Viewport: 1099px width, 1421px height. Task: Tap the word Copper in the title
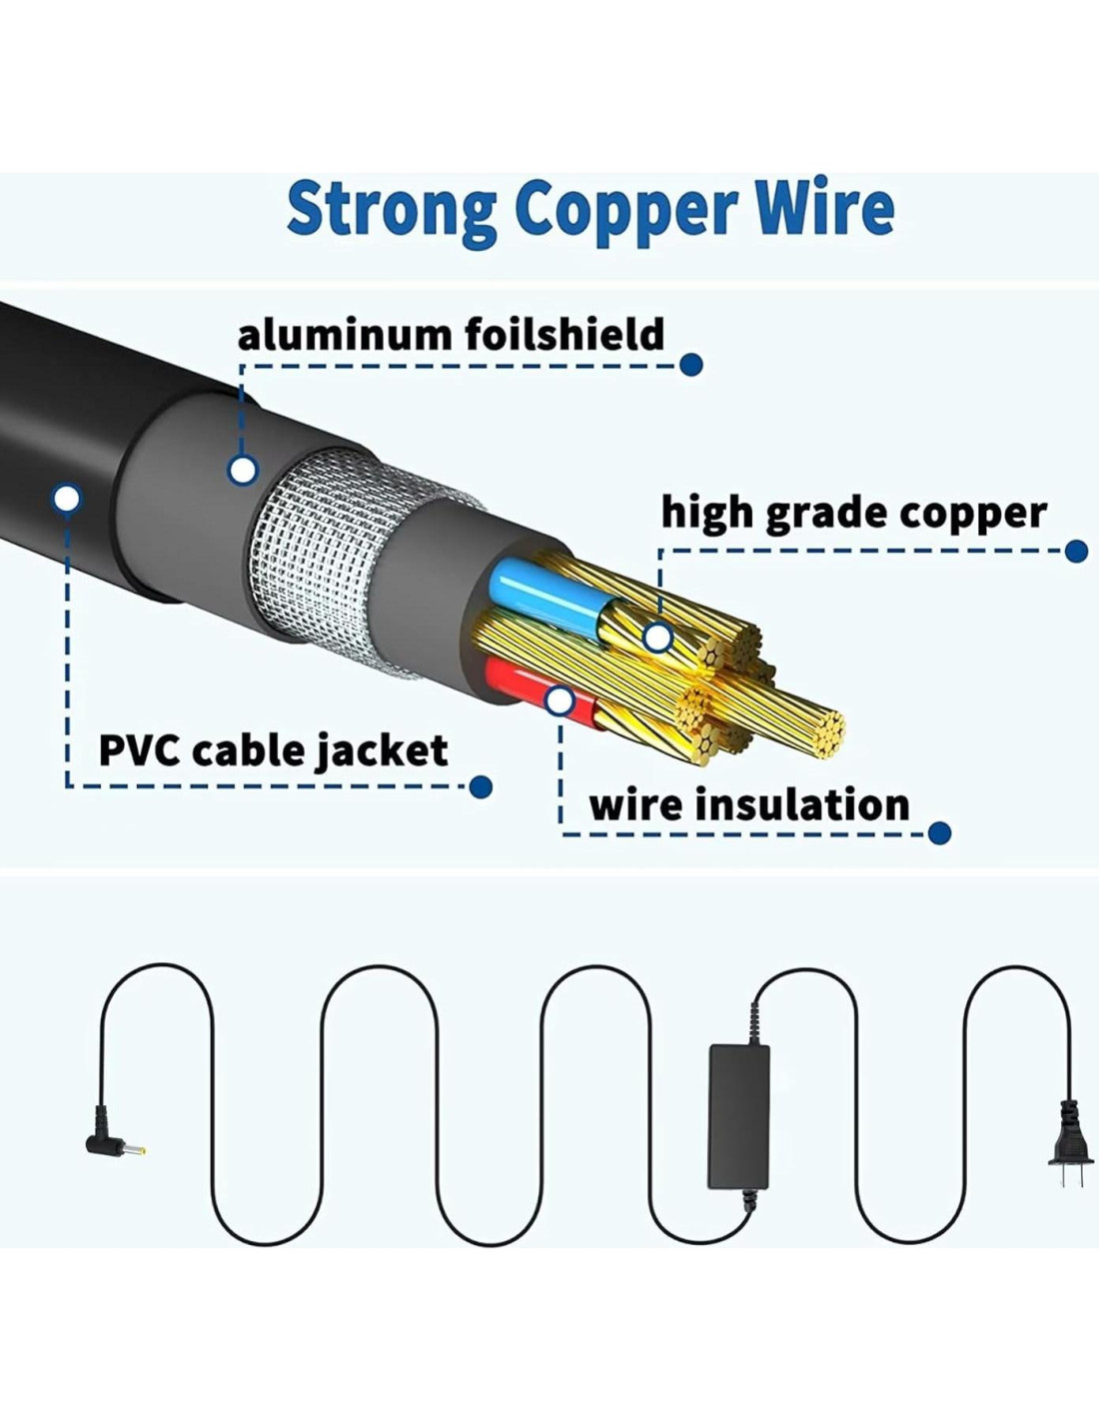625,210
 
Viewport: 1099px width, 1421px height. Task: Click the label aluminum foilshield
451,334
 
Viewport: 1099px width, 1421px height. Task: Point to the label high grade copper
853,513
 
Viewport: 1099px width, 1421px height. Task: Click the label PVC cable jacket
273,749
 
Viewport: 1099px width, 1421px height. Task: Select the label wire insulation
748,804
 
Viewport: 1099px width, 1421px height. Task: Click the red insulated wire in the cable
515,680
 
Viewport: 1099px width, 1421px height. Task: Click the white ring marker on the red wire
559,702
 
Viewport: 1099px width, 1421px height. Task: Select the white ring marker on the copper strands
656,637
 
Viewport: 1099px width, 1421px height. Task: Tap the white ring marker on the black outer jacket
67,497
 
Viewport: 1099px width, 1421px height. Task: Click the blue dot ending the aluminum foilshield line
691,365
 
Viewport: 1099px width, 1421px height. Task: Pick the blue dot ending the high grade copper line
1076,551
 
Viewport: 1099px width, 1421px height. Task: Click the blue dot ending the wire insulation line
939,832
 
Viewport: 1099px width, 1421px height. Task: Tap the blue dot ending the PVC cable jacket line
481,787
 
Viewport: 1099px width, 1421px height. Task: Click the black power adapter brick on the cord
738,1116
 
